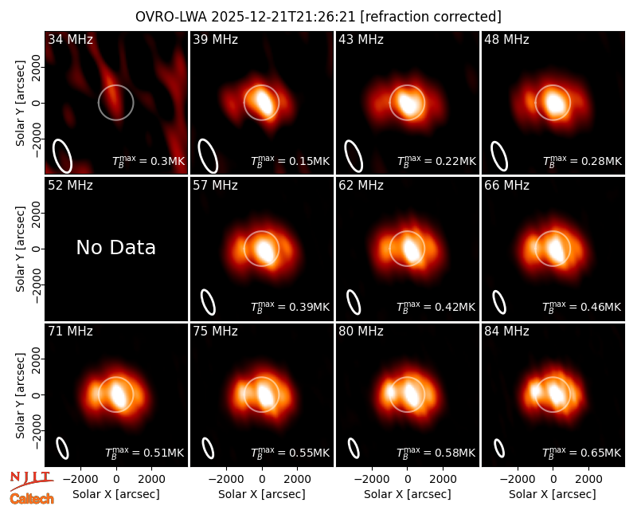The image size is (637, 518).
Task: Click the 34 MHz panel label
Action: [70, 39]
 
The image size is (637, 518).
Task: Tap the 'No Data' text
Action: [116, 247]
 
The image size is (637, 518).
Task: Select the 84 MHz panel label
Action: [506, 332]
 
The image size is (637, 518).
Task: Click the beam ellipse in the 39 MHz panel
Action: [208, 156]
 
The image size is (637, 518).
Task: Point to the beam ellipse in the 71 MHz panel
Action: [62, 448]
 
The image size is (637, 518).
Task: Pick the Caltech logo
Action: [32, 499]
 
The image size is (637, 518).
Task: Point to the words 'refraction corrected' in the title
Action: [431, 17]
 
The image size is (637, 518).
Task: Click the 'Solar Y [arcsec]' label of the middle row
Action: [20, 249]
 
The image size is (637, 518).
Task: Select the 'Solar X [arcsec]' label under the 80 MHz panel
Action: [408, 494]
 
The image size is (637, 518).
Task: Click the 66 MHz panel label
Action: [506, 186]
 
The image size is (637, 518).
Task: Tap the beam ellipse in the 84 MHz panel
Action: [499, 449]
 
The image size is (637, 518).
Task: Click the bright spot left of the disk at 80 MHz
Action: [391, 392]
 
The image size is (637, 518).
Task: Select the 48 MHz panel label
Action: [506, 39]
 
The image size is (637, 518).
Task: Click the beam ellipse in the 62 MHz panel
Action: [354, 302]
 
